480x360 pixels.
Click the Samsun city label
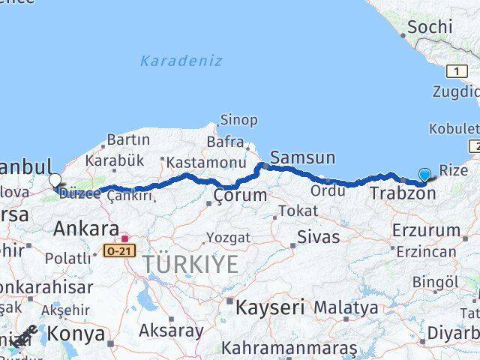point(302,157)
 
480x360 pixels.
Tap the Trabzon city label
point(402,193)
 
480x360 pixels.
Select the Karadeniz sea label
point(181,61)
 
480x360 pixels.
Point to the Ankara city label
point(86,229)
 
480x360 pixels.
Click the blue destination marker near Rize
point(425,175)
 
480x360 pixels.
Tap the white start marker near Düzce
point(55,180)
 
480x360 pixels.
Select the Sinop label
point(238,120)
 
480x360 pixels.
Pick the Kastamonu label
point(206,162)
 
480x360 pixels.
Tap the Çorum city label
point(240,195)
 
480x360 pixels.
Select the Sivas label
point(318,237)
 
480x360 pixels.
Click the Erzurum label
point(426,230)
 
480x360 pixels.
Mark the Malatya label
point(346,307)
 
